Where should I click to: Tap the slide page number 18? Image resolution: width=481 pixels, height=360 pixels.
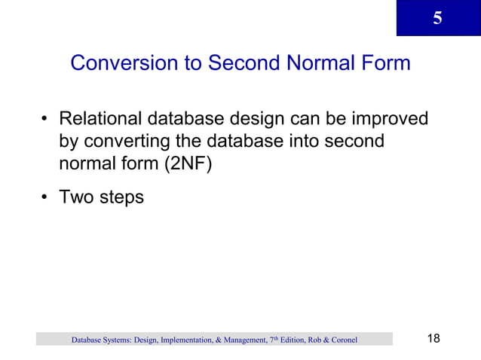point(434,338)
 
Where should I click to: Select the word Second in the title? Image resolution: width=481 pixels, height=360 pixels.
point(235,63)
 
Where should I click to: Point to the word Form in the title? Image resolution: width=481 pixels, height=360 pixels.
point(385,63)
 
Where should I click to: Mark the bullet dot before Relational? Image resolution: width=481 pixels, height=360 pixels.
point(45,121)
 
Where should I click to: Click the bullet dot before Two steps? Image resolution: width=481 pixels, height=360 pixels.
point(45,198)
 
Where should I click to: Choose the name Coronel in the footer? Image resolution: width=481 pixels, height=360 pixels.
point(341,340)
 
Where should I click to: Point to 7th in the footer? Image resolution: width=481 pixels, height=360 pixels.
point(273,340)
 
